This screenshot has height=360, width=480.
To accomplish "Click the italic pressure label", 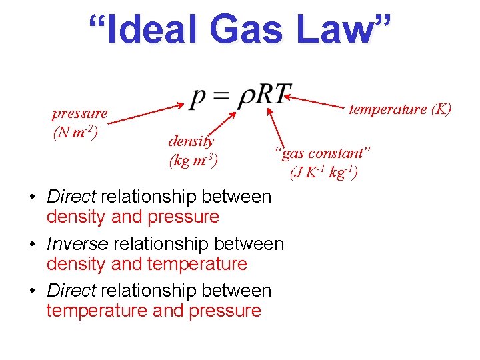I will [80, 113].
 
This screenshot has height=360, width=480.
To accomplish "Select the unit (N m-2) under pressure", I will [75, 131].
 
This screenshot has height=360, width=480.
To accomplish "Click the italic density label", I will [191, 141].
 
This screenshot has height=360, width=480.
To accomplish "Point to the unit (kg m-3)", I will [193, 160].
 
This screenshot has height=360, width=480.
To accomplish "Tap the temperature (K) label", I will [400, 109].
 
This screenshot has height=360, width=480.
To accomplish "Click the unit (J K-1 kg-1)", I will [324, 173].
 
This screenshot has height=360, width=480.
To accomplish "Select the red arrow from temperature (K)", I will [317, 103].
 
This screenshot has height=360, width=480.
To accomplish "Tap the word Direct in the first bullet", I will [71, 197].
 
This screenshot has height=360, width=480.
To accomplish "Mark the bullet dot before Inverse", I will [32, 245].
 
